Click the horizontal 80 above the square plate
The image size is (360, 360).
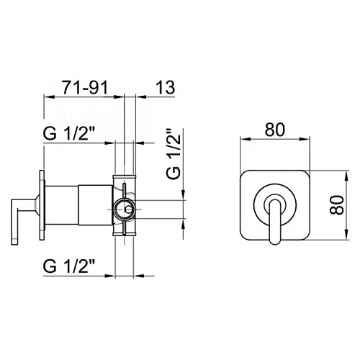click(x=276, y=130)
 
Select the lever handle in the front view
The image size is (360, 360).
click(x=276, y=223)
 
